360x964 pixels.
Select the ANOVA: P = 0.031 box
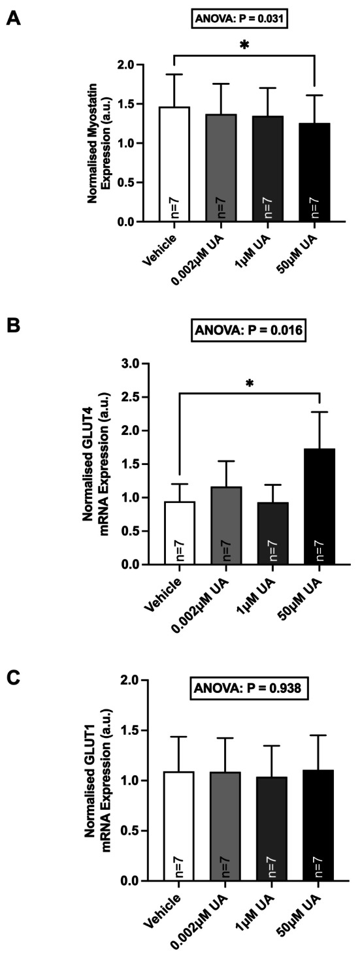pyautogui.click(x=240, y=18)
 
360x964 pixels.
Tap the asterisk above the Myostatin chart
pyautogui.click(x=244, y=45)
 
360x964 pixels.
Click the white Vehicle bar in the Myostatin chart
pyautogui.click(x=174, y=165)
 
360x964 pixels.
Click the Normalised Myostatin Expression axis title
pyautogui.click(x=99, y=143)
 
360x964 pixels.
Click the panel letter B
pyautogui.click(x=14, y=325)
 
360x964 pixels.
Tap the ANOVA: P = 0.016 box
pyautogui.click(x=249, y=330)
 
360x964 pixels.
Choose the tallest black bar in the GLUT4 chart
pyautogui.click(x=319, y=507)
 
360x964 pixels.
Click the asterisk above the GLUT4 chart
pyautogui.click(x=250, y=383)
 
